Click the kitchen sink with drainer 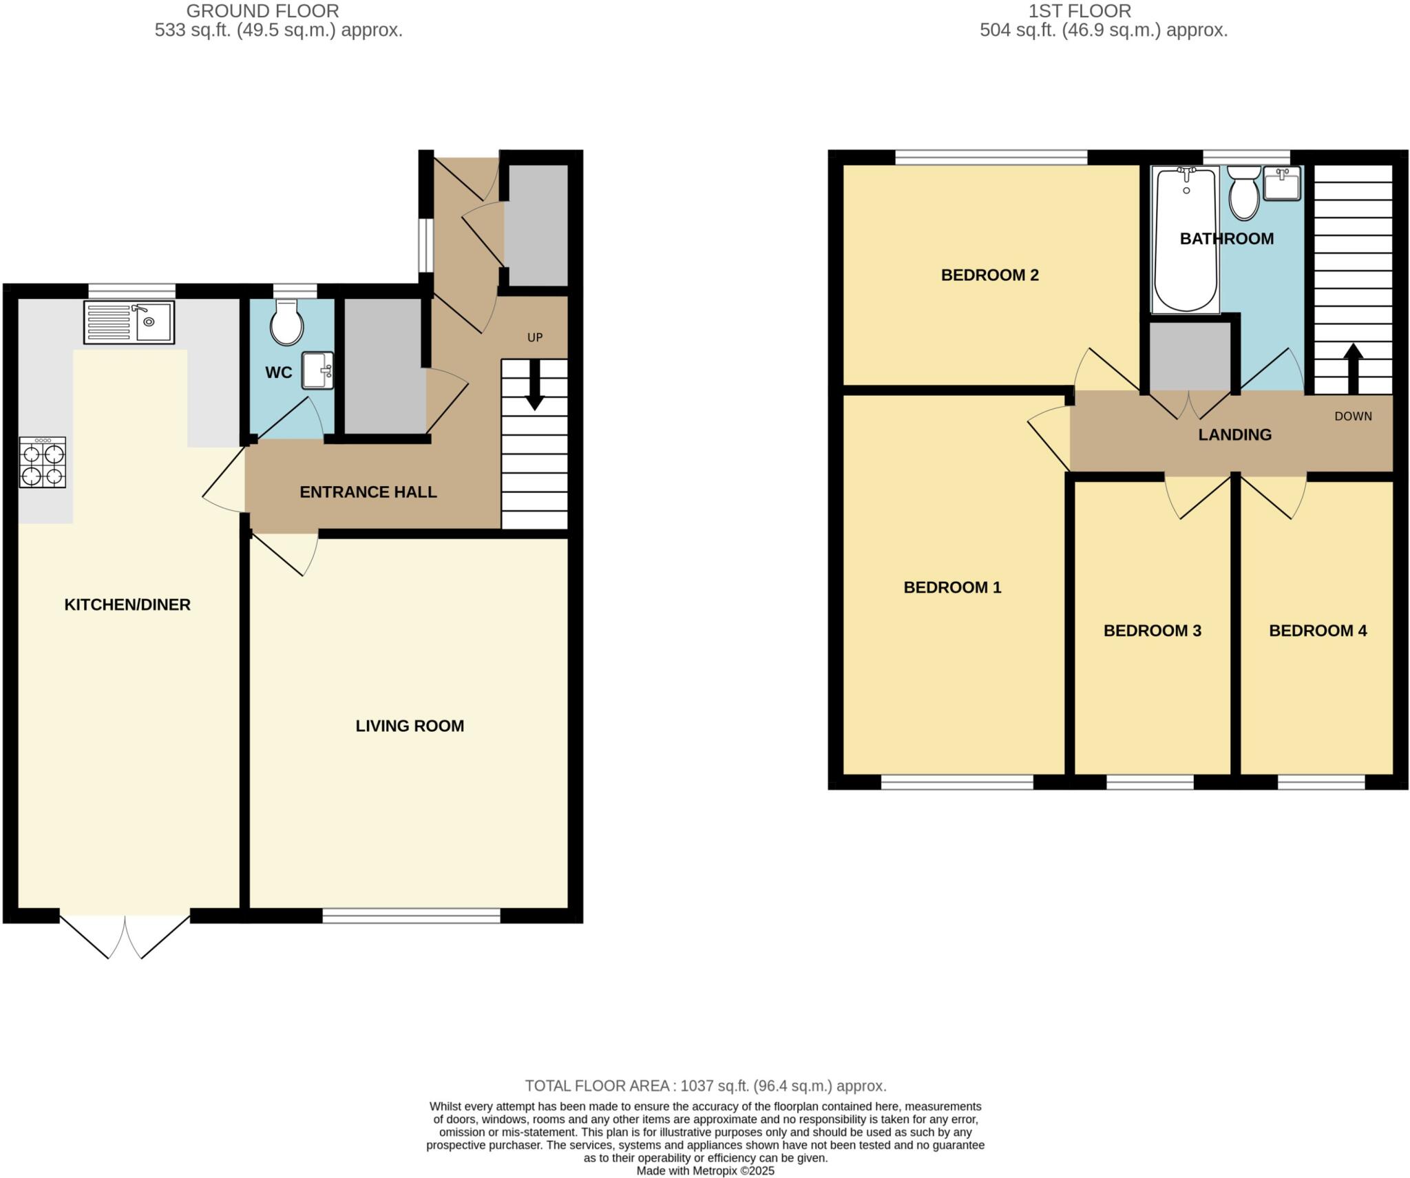point(129,322)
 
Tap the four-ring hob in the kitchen point(43,462)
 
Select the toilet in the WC point(286,324)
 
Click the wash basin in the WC point(317,370)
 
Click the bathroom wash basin point(1282,183)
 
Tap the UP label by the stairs point(535,337)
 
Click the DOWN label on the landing point(1353,416)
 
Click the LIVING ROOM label point(410,726)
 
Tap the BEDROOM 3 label point(1152,631)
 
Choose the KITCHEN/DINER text point(127,604)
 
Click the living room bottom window point(411,915)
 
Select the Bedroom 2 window point(991,158)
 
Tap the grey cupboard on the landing point(1190,357)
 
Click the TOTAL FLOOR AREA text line point(705,1086)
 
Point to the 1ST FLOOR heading point(1103,11)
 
